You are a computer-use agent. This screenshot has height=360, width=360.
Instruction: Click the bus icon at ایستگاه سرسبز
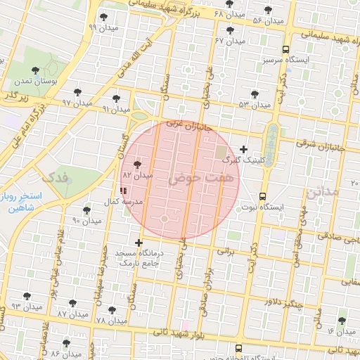285,50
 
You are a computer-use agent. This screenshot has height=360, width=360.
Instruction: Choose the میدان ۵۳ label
255,105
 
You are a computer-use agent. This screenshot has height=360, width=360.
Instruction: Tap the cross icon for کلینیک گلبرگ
244,148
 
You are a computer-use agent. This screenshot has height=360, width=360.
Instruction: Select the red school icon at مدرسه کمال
124,190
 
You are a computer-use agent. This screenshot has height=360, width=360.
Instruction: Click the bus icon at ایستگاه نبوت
262,195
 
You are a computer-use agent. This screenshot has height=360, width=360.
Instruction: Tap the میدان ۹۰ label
87,221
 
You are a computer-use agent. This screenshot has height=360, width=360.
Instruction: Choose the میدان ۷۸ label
110,320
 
